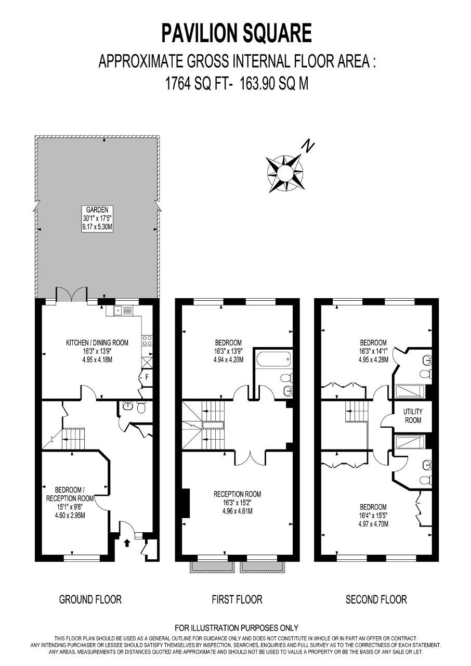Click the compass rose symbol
[x=285, y=173]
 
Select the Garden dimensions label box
[x=97, y=219]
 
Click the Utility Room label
[x=413, y=416]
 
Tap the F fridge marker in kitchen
[x=147, y=377]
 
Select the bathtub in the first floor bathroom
[x=273, y=359]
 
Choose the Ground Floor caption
[x=90, y=600]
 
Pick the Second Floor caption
[x=376, y=600]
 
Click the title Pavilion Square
[x=237, y=33]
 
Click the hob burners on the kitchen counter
[x=148, y=341]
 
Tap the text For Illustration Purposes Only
[x=237, y=628]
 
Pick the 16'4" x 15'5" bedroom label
[x=373, y=519]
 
